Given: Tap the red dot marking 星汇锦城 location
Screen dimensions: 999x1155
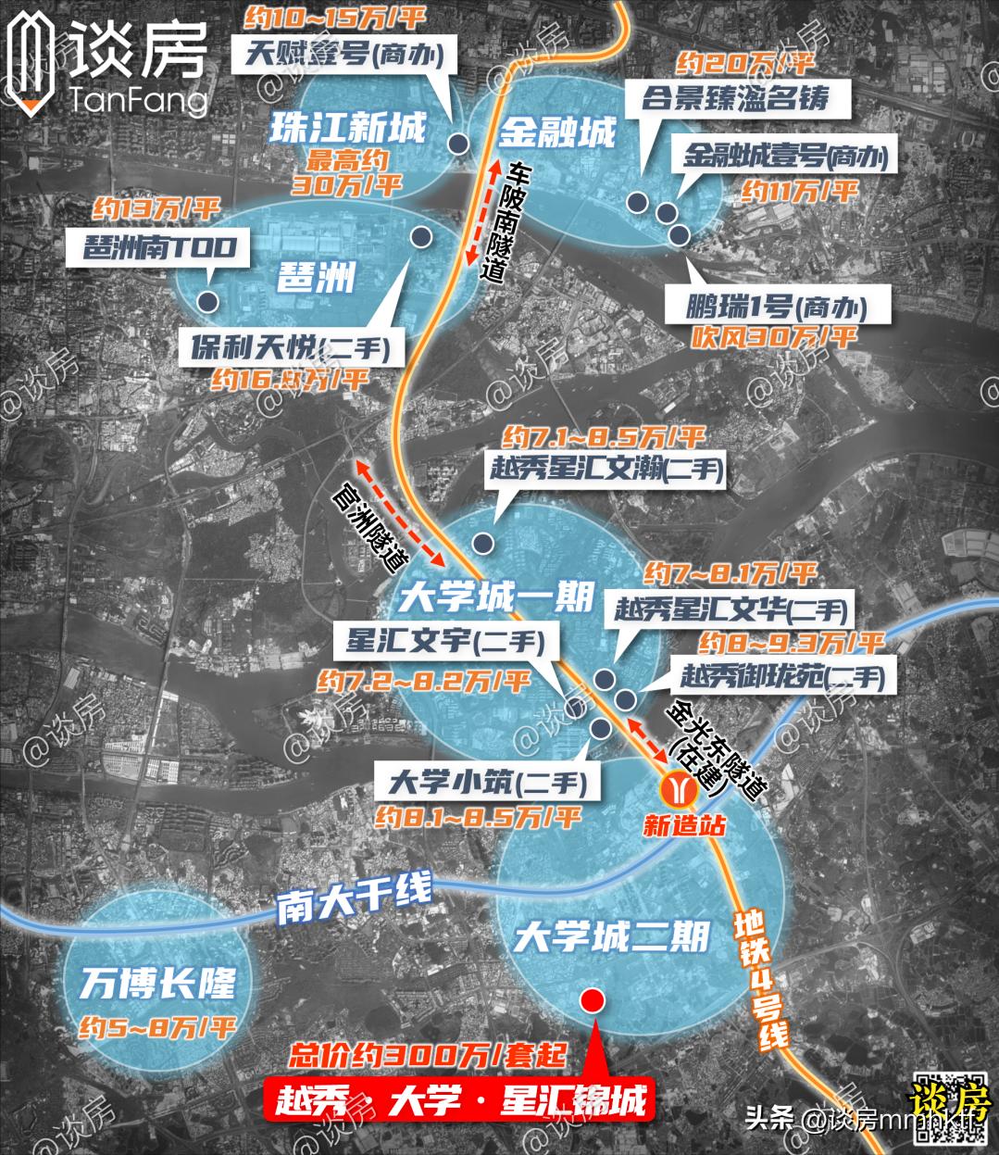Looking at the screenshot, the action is point(592,1000).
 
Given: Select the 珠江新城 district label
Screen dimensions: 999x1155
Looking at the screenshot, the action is point(347,128).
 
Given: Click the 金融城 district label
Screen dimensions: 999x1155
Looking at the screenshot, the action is point(557,132).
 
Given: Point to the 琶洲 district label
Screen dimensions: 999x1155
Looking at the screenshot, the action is point(318,275).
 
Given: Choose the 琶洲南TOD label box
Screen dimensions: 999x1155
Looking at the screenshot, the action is point(159,247).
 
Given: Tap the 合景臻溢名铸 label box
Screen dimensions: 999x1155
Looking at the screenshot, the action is point(734,97).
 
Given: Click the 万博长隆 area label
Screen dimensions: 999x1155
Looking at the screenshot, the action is point(158,983).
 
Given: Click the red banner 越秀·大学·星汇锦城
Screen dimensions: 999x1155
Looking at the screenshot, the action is point(459,1101).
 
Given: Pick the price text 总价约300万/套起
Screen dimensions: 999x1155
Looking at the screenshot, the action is point(427,1054).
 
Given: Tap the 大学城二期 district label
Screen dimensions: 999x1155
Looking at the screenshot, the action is point(612,937).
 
